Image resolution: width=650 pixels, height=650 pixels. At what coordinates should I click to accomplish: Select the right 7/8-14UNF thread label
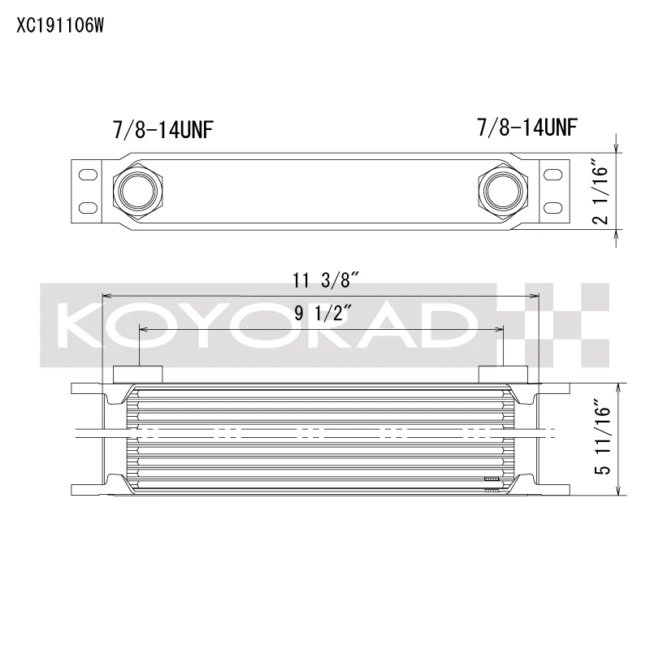click(528, 128)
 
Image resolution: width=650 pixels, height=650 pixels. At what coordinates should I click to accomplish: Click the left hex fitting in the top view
click(135, 190)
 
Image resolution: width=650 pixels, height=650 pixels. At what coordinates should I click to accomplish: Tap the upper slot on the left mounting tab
click(85, 172)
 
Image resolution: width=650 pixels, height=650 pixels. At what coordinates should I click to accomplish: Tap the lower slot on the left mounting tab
click(85, 207)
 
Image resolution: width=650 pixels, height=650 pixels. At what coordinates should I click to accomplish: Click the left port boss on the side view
click(137, 374)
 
